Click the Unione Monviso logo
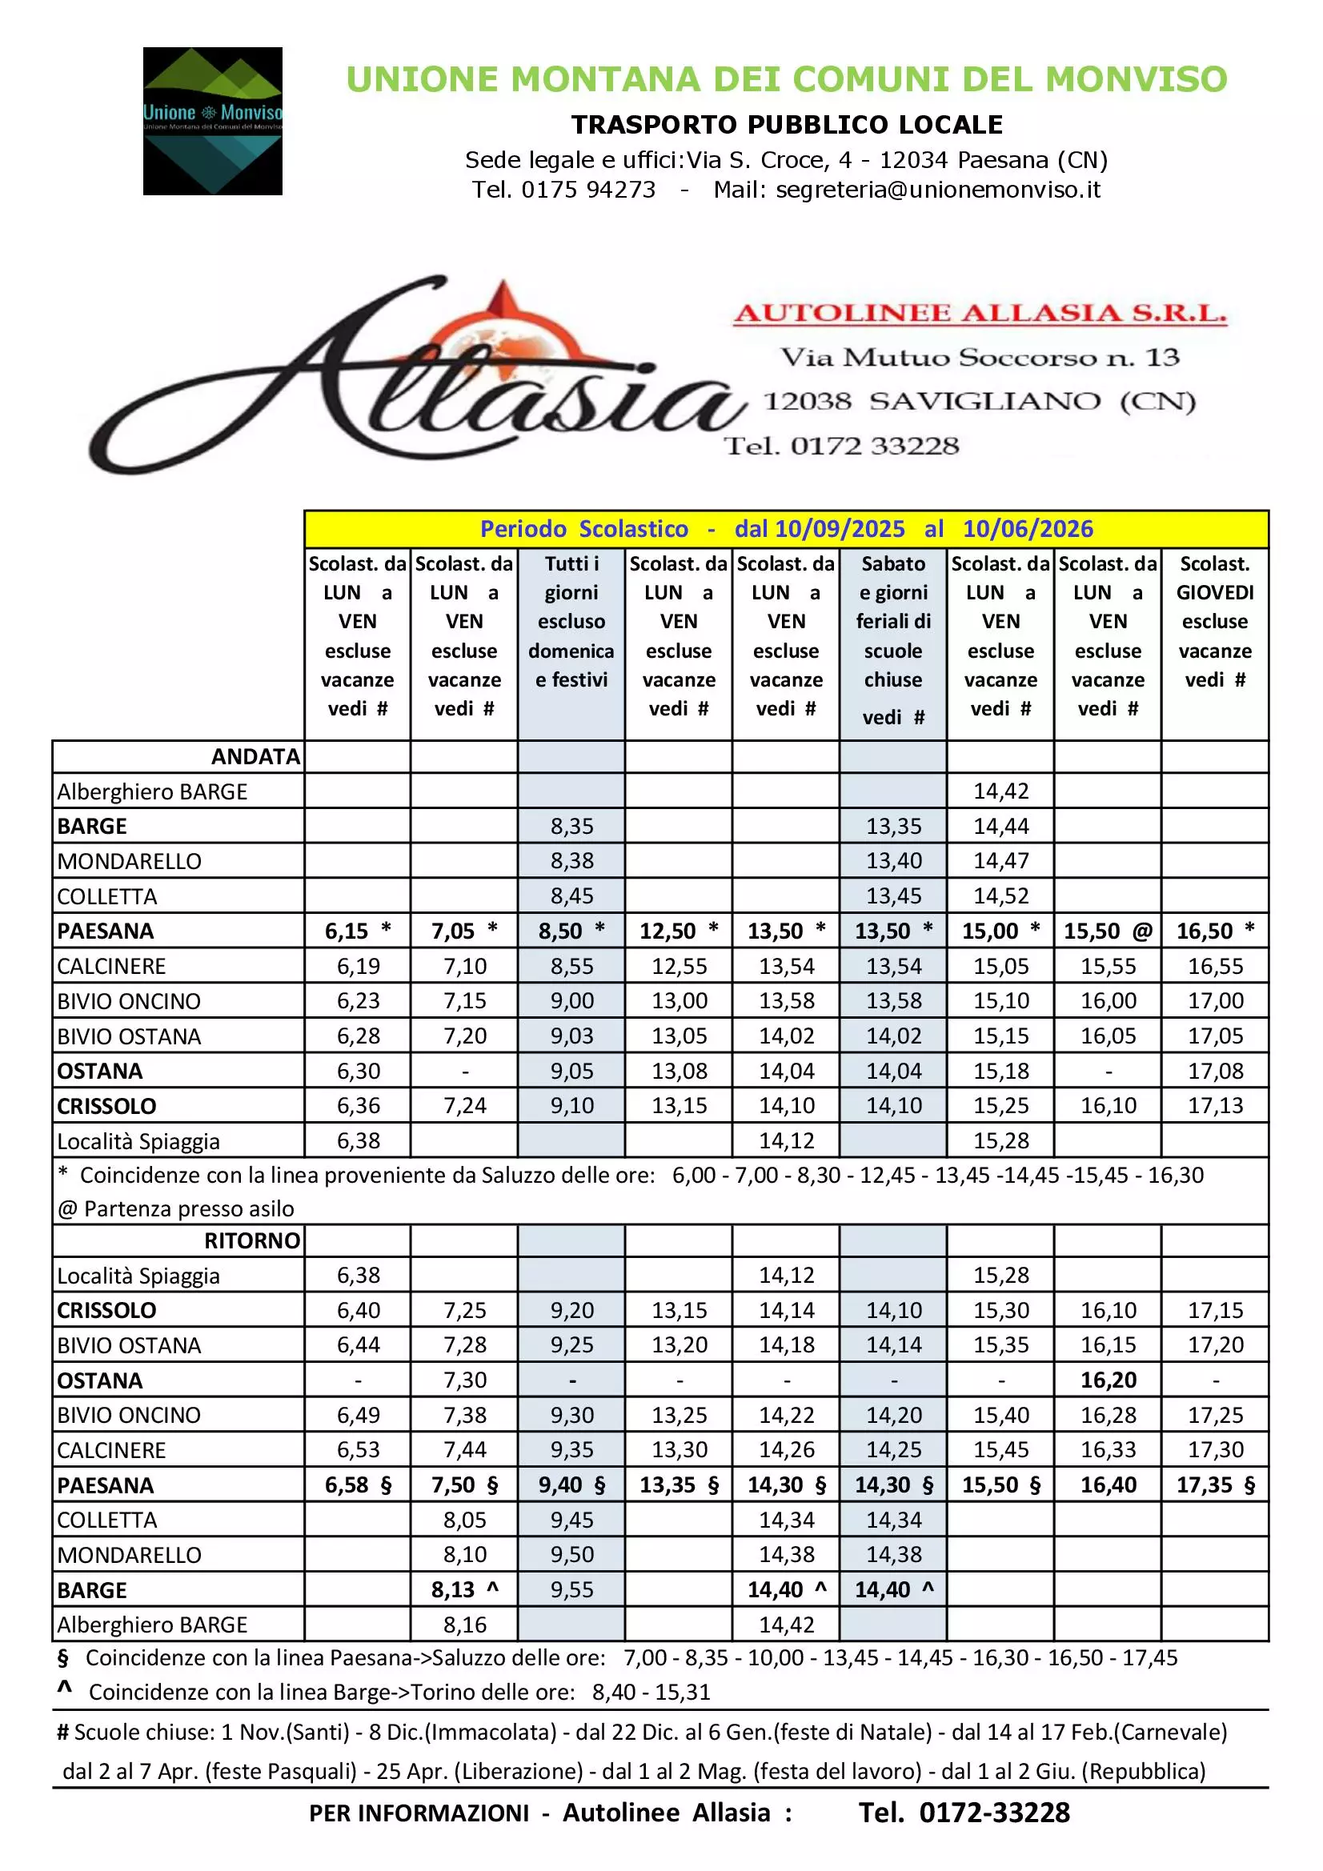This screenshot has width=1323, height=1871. (x=213, y=121)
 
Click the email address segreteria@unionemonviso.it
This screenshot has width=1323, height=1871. (x=937, y=190)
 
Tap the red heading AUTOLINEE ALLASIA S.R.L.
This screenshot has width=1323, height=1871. (x=980, y=313)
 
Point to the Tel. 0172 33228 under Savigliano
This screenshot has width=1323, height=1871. (x=841, y=446)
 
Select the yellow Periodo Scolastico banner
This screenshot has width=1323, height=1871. (x=786, y=529)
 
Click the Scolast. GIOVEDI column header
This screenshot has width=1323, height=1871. (x=1215, y=621)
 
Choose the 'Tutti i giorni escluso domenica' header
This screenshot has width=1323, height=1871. (x=571, y=621)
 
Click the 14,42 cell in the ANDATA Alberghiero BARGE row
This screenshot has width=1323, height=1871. (x=1000, y=791)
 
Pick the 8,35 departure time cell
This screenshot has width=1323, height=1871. (x=571, y=827)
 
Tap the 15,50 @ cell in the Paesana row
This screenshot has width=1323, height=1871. (x=1107, y=931)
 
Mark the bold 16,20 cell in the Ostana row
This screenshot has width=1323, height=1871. (x=1108, y=1380)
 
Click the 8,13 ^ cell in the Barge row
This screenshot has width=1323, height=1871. (x=464, y=1589)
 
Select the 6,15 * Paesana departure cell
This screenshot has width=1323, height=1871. (x=358, y=931)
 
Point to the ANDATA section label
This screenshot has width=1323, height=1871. (x=255, y=756)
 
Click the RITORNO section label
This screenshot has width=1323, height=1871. (x=252, y=1240)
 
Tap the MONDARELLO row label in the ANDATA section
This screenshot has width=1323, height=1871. (x=129, y=861)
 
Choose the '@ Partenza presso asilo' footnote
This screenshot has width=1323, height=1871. (x=175, y=1208)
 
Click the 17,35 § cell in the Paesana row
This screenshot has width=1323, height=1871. (x=1215, y=1484)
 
